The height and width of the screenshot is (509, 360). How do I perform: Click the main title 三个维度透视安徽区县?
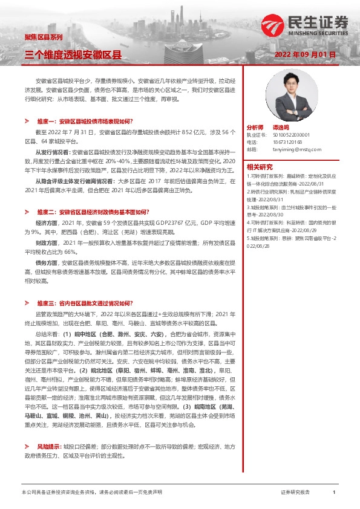tap(73, 54)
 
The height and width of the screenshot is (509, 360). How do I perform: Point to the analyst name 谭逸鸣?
tap(281, 128)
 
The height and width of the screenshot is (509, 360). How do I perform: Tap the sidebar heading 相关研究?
tap(259, 167)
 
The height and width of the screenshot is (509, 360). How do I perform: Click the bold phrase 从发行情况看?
tap(52, 152)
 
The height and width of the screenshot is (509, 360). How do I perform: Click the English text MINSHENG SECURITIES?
tap(315, 34)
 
